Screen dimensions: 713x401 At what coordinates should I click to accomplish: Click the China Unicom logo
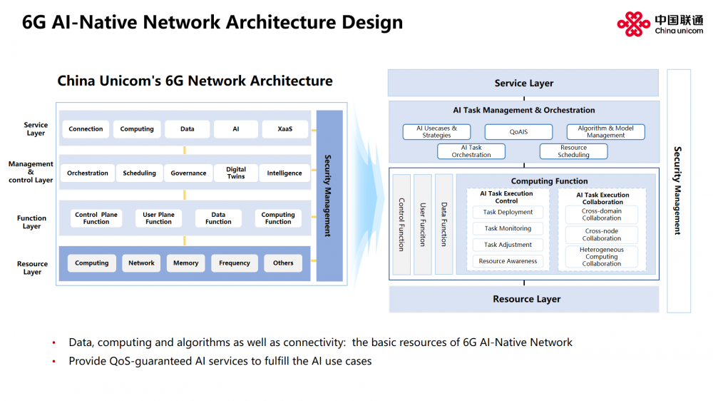point(660,24)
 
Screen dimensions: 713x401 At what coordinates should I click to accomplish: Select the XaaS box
point(284,129)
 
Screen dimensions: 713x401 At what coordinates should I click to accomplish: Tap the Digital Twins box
point(235,173)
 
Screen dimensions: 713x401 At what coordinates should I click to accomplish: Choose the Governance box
point(188,173)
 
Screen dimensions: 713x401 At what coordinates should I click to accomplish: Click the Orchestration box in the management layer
point(87,173)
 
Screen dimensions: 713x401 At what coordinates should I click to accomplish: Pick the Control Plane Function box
point(96,218)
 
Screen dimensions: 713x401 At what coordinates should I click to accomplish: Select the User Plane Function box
point(158,218)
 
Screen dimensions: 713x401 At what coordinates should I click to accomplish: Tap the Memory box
point(185,263)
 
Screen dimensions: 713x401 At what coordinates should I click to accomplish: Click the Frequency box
point(234,263)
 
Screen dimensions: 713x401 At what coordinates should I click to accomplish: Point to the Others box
point(283,263)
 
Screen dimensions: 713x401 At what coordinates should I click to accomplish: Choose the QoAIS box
point(518,132)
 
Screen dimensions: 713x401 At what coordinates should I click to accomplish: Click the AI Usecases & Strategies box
point(436,132)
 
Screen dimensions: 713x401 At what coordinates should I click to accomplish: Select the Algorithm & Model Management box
point(605,132)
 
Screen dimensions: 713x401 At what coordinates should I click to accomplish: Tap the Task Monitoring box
point(508,228)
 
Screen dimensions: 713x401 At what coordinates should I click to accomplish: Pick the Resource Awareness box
point(508,261)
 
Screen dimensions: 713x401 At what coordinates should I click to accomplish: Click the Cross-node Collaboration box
point(601,235)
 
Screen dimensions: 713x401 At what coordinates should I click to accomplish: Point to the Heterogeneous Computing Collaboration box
point(601,257)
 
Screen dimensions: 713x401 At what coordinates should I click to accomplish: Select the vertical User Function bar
point(422,224)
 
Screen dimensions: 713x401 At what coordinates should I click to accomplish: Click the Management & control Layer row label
point(31,172)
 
